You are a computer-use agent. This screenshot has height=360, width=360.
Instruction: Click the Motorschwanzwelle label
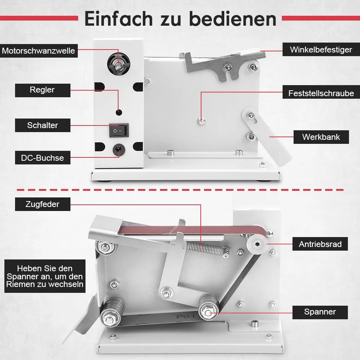[39, 51]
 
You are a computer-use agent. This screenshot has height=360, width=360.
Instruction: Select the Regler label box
[43, 90]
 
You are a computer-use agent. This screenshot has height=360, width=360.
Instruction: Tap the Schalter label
[43, 126]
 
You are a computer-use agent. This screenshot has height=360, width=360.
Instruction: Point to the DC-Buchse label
[43, 158]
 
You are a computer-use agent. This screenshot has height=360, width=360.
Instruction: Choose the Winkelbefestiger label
[321, 50]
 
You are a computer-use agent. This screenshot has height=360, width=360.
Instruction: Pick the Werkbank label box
[321, 137]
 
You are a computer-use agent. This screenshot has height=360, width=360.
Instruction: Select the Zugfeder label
[43, 204]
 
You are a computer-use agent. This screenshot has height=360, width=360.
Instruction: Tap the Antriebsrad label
[320, 244]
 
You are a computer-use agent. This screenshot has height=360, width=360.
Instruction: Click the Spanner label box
[320, 312]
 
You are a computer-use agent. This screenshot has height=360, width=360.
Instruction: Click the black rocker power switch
[119, 130]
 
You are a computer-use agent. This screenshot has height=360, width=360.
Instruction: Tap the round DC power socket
[119, 149]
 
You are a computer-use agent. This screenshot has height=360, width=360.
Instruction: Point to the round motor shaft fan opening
[119, 64]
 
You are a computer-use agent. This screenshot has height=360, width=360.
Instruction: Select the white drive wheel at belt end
[257, 244]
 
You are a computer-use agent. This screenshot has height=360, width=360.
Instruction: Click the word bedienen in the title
[233, 19]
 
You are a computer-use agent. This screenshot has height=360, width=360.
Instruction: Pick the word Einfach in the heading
[119, 19]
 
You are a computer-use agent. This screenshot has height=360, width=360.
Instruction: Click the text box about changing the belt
[45, 276]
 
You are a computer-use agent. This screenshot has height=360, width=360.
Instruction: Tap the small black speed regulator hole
[119, 113]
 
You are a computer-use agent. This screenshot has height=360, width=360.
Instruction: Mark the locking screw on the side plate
[201, 121]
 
